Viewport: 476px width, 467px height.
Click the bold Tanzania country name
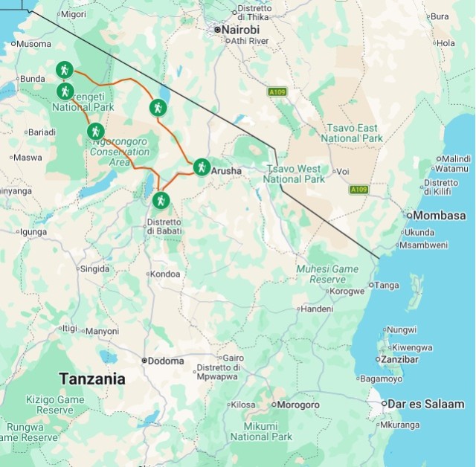pyautogui.click(x=92, y=379)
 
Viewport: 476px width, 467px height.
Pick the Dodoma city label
pyautogui.click(x=165, y=361)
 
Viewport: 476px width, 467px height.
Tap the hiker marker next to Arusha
pyautogui.click(x=201, y=167)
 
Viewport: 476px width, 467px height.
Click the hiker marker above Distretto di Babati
pyautogui.click(x=161, y=200)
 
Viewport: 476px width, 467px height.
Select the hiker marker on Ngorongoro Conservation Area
pyautogui.click(x=94, y=132)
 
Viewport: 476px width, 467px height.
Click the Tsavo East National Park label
pyautogui.click(x=352, y=134)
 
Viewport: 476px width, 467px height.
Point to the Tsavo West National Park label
pyautogui.click(x=295, y=174)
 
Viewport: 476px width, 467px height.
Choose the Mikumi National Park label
pyautogui.click(x=261, y=432)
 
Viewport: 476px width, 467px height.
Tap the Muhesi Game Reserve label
pyautogui.click(x=327, y=274)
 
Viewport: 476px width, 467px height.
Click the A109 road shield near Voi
pyautogui.click(x=359, y=190)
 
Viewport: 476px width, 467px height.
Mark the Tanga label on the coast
pyautogui.click(x=386, y=286)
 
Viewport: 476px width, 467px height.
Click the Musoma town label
pyautogui.click(x=33, y=44)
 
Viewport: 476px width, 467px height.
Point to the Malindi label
pyautogui.click(x=456, y=159)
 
